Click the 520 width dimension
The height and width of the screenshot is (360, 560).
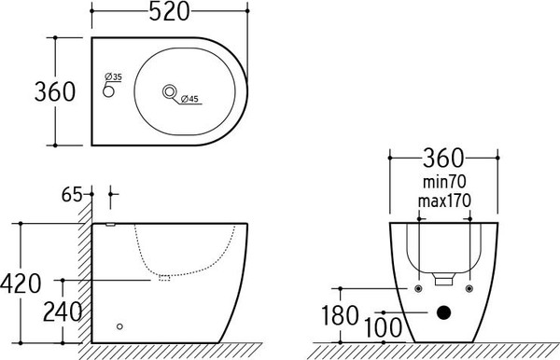(x=169, y=12)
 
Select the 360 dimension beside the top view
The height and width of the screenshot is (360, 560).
(x=55, y=91)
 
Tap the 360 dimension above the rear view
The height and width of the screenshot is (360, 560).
(x=443, y=158)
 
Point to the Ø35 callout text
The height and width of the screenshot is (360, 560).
(x=113, y=76)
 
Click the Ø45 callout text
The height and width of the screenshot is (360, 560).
(x=189, y=99)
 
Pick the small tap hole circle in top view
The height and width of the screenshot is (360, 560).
(x=108, y=91)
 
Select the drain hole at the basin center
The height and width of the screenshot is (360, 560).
(x=170, y=91)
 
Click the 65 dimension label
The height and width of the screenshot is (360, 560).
(x=72, y=194)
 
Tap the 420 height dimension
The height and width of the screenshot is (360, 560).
(x=21, y=284)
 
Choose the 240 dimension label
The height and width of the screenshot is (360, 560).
(x=63, y=312)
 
